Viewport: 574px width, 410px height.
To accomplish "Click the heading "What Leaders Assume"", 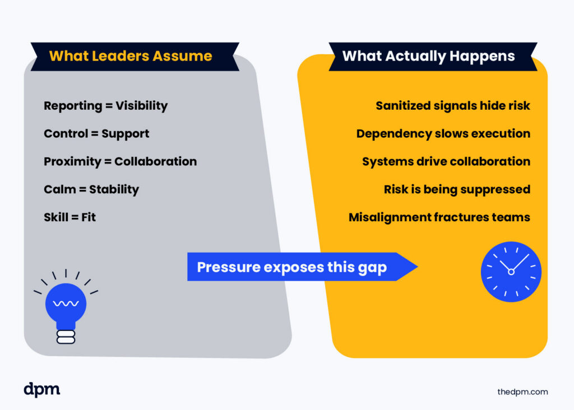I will click(131, 56).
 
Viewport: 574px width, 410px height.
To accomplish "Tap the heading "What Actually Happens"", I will click(428, 56).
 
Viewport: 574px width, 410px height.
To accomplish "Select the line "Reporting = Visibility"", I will click(105, 105).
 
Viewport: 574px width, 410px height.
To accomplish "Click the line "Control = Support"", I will click(96, 133).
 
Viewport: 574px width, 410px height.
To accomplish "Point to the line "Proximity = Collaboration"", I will click(120, 161).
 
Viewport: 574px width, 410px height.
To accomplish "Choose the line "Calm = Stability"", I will click(91, 189).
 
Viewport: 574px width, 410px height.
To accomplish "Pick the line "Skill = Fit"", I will click(70, 217).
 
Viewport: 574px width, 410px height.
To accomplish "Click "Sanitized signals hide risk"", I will click(452, 105).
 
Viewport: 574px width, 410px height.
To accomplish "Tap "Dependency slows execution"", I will click(443, 133).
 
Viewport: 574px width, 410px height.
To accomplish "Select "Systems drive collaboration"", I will click(446, 161).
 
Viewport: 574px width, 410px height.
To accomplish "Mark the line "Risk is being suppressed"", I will click(456, 189).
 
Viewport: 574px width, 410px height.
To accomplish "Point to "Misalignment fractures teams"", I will click(439, 217).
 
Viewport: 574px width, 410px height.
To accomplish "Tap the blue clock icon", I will click(511, 272).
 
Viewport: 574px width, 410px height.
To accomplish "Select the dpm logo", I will click(42, 389).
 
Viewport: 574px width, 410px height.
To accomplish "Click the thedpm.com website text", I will click(522, 392).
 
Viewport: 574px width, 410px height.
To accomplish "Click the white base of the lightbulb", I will click(66, 337).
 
